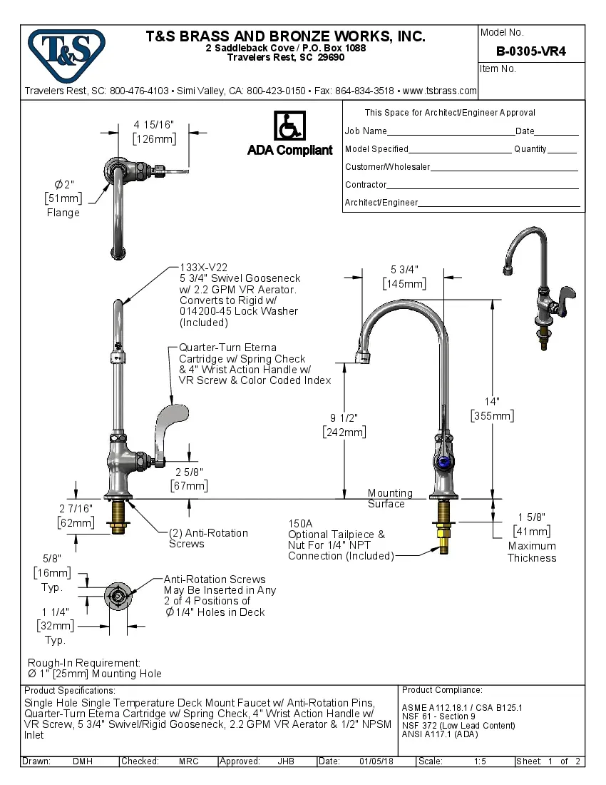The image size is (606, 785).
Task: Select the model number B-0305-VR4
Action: (x=530, y=51)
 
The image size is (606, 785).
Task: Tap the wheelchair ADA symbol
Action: (x=289, y=126)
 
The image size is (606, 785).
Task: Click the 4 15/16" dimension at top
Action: (x=153, y=126)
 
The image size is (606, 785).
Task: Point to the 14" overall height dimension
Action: (x=492, y=402)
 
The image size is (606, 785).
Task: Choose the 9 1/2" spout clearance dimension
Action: (x=344, y=418)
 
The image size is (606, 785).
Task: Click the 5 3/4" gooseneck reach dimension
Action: (x=404, y=270)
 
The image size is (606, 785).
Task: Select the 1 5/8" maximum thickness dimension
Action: (x=532, y=517)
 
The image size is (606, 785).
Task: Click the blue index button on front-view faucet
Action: (x=443, y=461)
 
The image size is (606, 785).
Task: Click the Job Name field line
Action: (x=451, y=131)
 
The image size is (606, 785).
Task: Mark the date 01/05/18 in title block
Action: (x=376, y=761)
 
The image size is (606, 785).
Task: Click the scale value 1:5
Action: (x=481, y=761)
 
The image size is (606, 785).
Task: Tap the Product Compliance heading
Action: (x=442, y=690)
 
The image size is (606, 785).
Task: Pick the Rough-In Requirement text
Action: (x=84, y=663)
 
